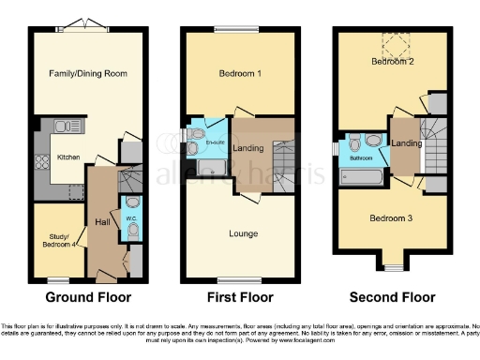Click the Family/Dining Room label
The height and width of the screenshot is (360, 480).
tap(88, 73)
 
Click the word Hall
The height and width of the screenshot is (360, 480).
tap(102, 222)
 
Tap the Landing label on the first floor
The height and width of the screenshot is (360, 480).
tap(247, 149)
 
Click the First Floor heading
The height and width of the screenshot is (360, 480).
tap(240, 298)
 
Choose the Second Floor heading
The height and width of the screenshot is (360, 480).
tap(392, 298)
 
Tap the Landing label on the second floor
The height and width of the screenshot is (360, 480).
tap(406, 142)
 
